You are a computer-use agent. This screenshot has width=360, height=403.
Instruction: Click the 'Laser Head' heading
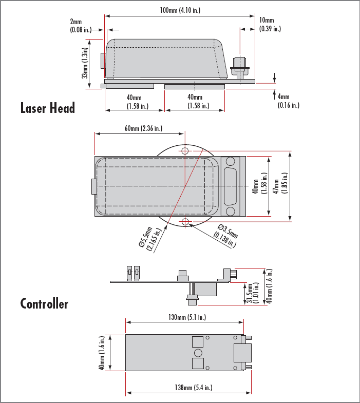pos(48,108)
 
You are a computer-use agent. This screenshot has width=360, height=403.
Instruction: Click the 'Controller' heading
pos(44,303)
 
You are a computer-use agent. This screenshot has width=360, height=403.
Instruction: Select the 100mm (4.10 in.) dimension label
pos(180,10)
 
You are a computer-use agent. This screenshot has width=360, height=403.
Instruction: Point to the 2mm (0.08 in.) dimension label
pos(81,26)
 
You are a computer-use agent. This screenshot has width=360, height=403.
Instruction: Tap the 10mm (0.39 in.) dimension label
pos(270,25)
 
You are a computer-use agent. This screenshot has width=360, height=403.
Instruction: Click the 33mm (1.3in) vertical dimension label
pos(85,63)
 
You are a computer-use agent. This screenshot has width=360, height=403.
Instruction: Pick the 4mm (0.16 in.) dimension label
pos(289,101)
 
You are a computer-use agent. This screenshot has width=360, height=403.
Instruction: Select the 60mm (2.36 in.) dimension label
pos(143,128)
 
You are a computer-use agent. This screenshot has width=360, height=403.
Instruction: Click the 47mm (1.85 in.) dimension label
pos(280,183)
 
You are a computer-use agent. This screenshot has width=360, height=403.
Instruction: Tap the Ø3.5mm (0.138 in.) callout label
pos(226,236)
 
